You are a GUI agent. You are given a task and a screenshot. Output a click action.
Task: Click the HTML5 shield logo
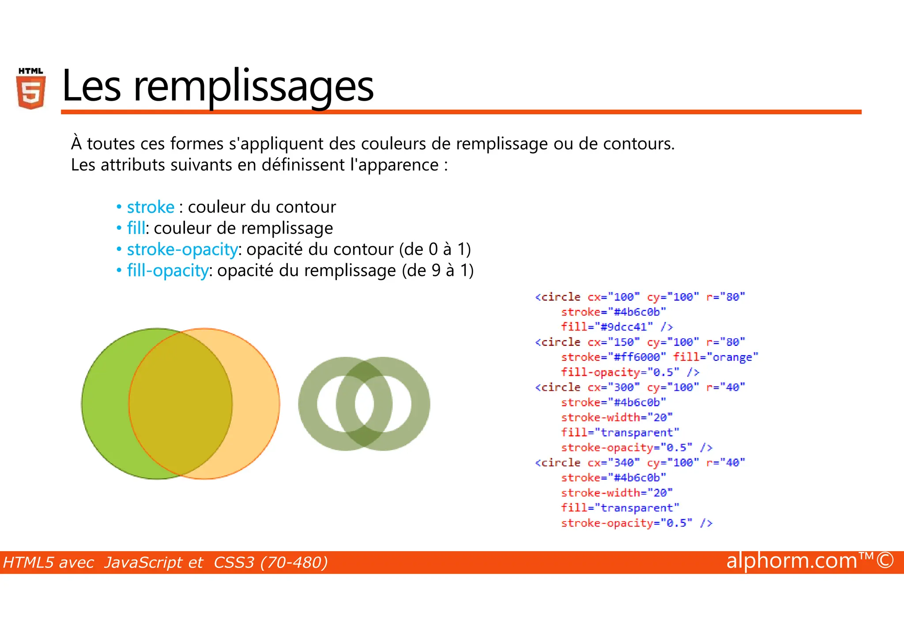click(31, 89)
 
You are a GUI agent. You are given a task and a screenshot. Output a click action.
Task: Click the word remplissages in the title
click(253, 87)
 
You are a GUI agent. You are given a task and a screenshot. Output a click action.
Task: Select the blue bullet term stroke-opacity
click(182, 250)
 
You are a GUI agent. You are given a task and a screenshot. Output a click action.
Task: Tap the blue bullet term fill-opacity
click(168, 271)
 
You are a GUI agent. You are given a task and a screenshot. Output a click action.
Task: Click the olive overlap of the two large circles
click(181, 404)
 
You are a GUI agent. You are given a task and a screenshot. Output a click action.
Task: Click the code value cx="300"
click(614, 388)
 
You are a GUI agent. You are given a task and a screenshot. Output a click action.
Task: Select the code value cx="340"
click(614, 463)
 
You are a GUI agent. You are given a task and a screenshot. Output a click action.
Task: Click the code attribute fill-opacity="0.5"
click(620, 373)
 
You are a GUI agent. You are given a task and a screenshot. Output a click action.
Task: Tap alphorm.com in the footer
click(792, 561)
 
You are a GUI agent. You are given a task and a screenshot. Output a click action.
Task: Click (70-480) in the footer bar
click(294, 563)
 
